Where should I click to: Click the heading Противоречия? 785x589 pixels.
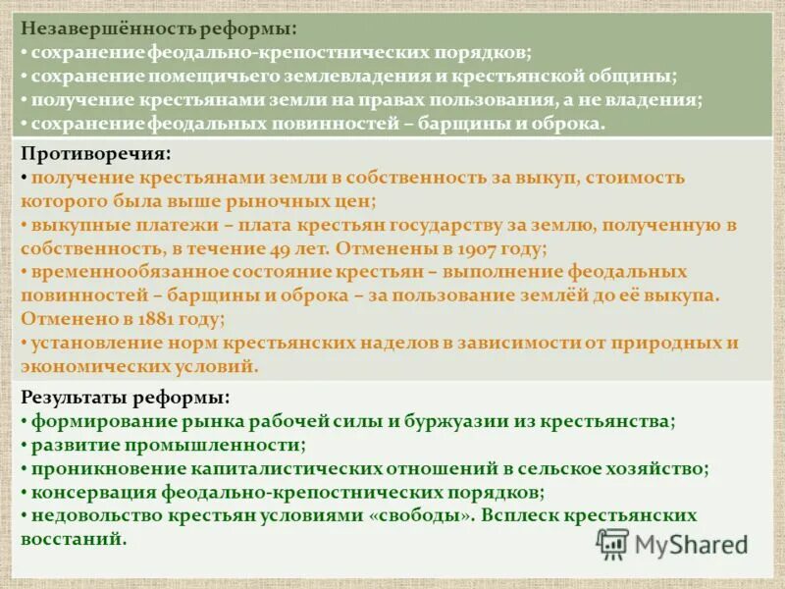click(x=94, y=154)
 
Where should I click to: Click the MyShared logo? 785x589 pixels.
click(x=672, y=545)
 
